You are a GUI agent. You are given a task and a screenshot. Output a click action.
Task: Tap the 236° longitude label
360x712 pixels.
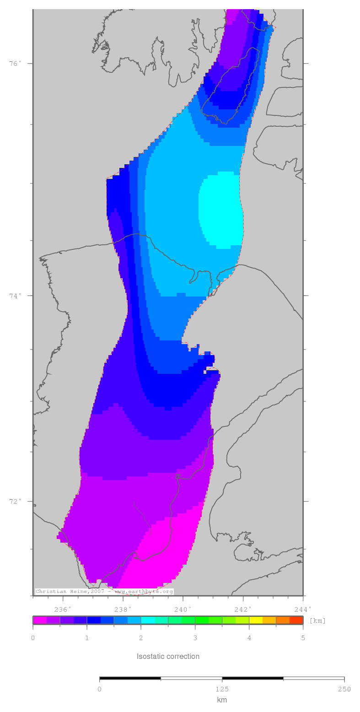pos(63,609)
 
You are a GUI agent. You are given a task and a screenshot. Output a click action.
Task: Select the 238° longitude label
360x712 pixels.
pos(123,609)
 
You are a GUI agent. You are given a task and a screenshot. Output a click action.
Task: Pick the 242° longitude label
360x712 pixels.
pos(243,609)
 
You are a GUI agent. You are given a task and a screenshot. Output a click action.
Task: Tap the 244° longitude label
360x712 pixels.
pos(303,609)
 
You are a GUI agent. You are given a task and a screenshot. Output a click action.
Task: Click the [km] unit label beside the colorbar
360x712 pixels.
pos(317,620)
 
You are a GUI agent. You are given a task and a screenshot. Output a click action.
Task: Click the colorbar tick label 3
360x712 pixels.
pos(195,638)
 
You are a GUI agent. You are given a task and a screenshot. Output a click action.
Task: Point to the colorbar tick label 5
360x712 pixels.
pos(303,638)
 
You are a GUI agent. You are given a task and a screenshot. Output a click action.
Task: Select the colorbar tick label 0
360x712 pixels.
pos(33,638)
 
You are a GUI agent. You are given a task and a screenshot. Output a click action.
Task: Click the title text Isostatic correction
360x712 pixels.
pos(168,656)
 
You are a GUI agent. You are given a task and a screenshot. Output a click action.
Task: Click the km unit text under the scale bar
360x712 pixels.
pos(222,700)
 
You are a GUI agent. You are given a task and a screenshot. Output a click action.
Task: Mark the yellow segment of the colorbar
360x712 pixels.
pos(256,620)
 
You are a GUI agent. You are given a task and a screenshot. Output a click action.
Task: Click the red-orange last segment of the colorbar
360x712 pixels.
pos(296,620)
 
